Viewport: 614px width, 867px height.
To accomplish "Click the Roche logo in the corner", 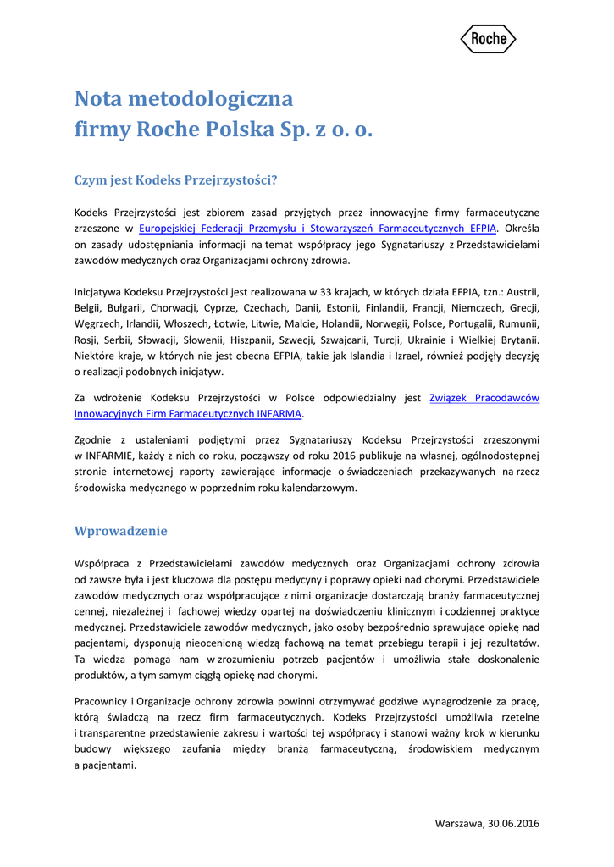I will pos(488,39).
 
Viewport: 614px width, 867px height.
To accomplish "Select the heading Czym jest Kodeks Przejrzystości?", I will pos(176,179).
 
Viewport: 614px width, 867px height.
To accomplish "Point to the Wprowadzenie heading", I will pos(121,531).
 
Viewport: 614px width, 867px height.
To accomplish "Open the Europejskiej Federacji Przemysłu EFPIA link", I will pos(318,228).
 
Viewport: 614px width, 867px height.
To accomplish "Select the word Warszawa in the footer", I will pos(458,823).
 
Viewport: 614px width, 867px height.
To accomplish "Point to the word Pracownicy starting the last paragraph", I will pos(101,701).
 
